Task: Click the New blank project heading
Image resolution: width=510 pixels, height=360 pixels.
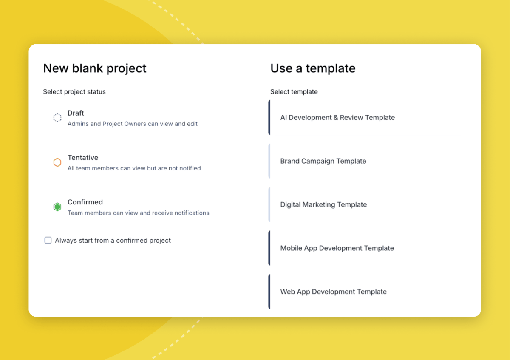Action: coord(95,68)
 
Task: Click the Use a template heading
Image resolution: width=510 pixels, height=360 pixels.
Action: coord(313,68)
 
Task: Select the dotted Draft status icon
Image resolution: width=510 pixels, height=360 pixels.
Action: coord(57,118)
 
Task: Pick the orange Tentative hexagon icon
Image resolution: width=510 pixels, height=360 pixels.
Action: coord(57,162)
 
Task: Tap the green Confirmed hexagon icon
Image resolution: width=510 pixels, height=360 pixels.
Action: coord(57,207)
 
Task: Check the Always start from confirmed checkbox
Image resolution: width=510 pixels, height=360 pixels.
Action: coord(48,241)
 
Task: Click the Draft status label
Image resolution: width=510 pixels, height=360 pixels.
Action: coord(76,113)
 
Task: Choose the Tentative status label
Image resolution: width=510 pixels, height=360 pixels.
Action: coord(83,158)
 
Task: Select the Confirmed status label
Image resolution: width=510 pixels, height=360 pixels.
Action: coord(85,202)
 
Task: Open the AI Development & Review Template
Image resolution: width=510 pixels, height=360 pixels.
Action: coord(337,118)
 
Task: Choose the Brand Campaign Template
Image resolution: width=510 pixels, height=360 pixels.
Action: coord(323,161)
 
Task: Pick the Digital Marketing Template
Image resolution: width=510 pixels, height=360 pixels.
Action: coord(323,204)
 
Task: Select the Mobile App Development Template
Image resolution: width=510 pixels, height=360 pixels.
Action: coord(337,248)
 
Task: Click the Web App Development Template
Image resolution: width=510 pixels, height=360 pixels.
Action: coord(333,292)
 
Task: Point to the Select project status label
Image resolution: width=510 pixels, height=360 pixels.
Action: coord(74,92)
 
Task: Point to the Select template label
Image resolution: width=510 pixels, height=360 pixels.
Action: coord(294,92)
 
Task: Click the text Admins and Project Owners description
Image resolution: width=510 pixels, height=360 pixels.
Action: coord(133,124)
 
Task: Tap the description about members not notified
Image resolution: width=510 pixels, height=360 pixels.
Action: coord(134,168)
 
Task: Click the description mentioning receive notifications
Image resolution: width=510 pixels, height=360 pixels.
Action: coord(139,213)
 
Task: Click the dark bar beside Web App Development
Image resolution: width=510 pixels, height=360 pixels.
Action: coord(269,292)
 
